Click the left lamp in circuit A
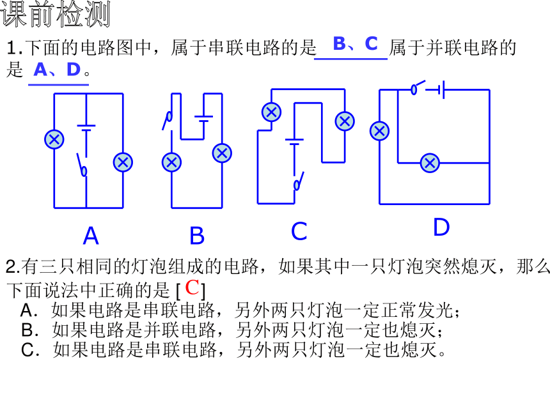[x=54, y=139]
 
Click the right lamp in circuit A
[x=123, y=162]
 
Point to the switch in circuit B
[x=168, y=120]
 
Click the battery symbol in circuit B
[x=204, y=119]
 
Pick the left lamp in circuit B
[x=171, y=162]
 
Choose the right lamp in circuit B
[x=222, y=153]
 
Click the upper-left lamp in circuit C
[x=272, y=112]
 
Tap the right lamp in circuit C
[x=345, y=121]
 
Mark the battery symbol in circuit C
[x=294, y=142]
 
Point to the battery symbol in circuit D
[x=441, y=89]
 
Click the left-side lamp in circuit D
[x=379, y=131]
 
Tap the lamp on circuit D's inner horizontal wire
[x=430, y=163]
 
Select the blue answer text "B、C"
[x=355, y=43]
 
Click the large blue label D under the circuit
[x=441, y=227]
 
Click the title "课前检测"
[x=56, y=14]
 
